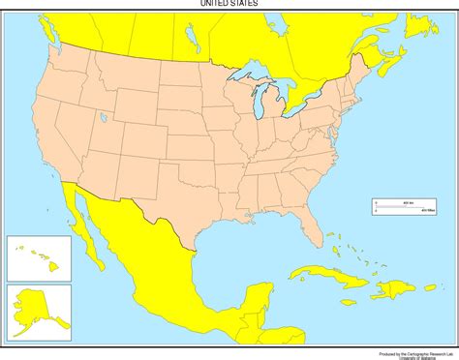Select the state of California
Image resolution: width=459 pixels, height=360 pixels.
tap(60, 145)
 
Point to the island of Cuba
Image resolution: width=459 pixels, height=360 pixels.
tap(319, 274)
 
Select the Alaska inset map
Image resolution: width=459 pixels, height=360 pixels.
tap(39, 310)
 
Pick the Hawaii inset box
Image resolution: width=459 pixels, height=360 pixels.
tap(39, 257)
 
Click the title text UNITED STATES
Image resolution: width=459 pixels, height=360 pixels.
tap(229, 4)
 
